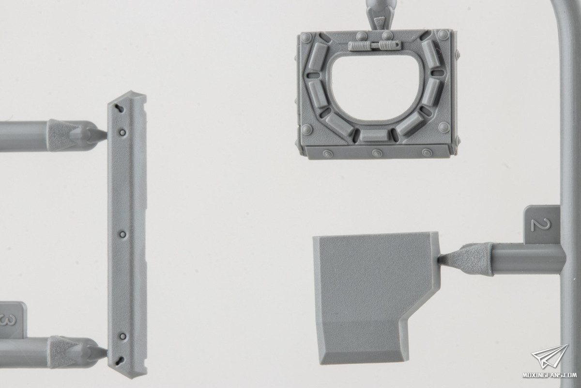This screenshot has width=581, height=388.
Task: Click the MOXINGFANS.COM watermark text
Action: click(x=550, y=375)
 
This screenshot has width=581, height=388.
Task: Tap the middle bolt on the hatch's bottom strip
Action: click(x=377, y=153)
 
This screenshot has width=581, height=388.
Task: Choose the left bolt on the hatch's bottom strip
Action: click(x=328, y=153)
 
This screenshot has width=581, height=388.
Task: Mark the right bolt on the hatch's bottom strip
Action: click(x=427, y=153)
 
